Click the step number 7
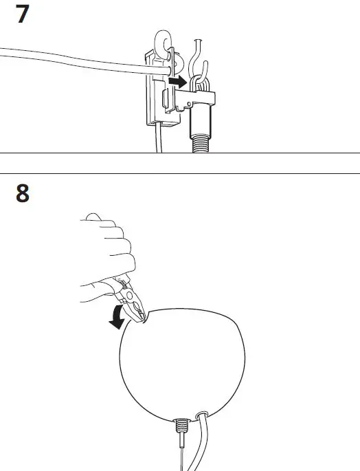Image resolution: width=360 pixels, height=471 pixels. point(22,15)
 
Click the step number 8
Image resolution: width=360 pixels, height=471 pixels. point(23,194)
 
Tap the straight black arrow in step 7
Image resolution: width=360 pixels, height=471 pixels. point(178,82)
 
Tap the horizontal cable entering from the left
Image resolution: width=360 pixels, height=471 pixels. point(69,60)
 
